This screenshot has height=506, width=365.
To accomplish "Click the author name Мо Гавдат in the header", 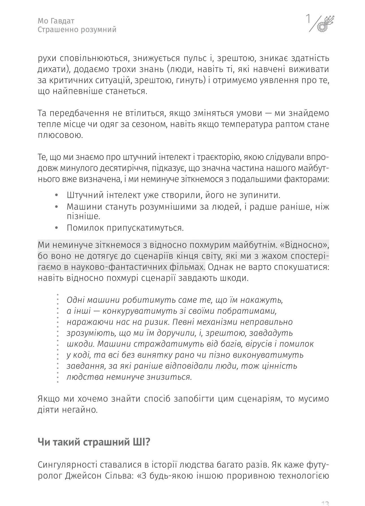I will point(56,21).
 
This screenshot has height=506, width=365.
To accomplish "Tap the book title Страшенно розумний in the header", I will point(77,30).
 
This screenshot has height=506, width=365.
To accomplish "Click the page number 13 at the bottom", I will point(325,503).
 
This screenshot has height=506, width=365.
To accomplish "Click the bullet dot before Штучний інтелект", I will point(57,195).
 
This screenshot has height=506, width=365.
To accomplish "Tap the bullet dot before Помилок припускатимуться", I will point(57,228).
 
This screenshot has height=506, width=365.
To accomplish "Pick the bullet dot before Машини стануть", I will point(57,207).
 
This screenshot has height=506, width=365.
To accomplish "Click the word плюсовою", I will point(60,135).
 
